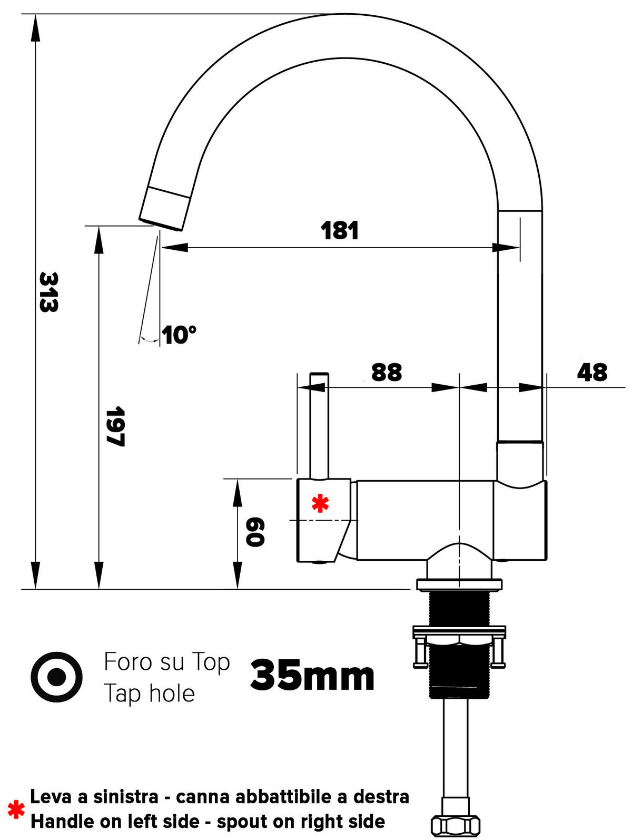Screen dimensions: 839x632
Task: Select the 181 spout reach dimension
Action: pyautogui.click(x=340, y=231)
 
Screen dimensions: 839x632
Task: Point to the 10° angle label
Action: pyautogui.click(x=179, y=335)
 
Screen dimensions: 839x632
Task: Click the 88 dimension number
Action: pyautogui.click(x=387, y=372)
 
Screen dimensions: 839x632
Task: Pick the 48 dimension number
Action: pyautogui.click(x=592, y=372)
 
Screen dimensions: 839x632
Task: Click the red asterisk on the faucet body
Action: pyautogui.click(x=320, y=504)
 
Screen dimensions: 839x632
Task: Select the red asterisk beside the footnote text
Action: pyautogui.click(x=16, y=809)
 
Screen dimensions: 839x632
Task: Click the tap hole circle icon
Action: pyautogui.click(x=56, y=677)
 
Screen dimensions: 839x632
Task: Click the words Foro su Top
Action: pyautogui.click(x=167, y=662)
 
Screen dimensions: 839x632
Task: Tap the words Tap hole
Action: pyautogui.click(x=150, y=693)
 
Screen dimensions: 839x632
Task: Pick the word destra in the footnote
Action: pyautogui.click(x=381, y=797)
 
